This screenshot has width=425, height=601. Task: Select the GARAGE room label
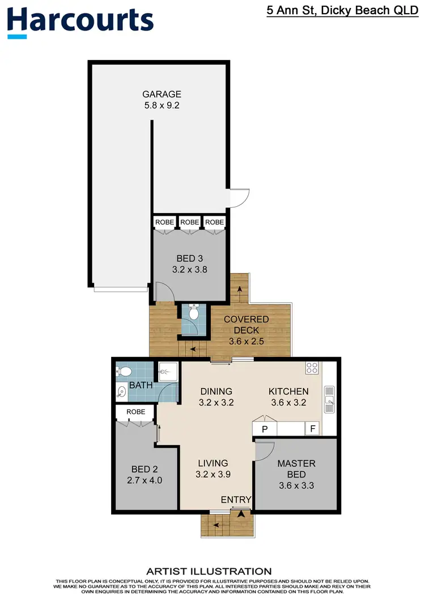click(x=161, y=94)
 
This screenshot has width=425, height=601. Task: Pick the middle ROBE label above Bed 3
click(x=189, y=222)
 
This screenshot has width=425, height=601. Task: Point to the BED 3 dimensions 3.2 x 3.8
click(x=189, y=270)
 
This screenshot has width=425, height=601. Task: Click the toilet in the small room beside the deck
click(x=193, y=312)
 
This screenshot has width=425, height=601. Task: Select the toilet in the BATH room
click(x=125, y=372)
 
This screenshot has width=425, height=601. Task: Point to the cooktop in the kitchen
click(x=312, y=368)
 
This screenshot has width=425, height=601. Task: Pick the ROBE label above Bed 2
click(x=135, y=412)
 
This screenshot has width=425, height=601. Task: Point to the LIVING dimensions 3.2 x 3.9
click(x=213, y=475)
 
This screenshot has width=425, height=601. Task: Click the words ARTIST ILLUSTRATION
click(x=209, y=571)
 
